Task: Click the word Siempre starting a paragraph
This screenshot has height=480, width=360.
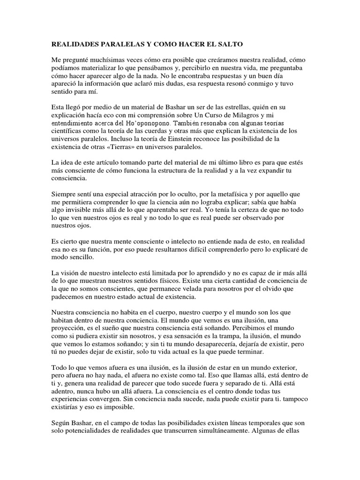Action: point(64,195)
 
